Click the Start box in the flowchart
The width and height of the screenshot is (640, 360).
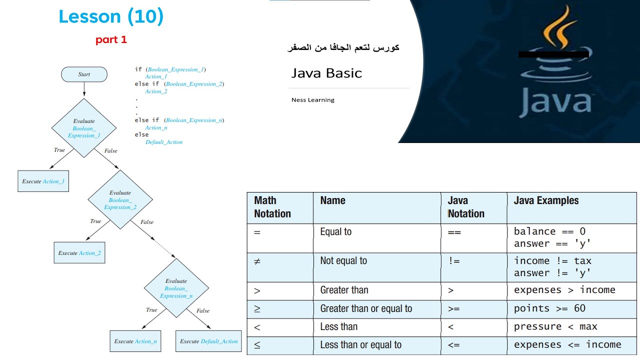tap(84, 74)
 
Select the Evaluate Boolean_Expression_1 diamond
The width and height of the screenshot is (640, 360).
tap(84, 128)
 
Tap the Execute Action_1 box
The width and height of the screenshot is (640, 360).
tap(43, 181)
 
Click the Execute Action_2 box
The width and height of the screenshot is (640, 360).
tap(79, 253)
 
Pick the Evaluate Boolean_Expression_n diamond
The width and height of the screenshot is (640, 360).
tap(176, 288)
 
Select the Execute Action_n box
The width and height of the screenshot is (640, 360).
tap(135, 341)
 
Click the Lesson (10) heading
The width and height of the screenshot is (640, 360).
tap(111, 17)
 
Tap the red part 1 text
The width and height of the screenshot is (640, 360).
tap(111, 40)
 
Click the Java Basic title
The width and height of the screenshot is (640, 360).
tap(326, 73)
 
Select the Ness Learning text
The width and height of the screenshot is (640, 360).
tap(313, 100)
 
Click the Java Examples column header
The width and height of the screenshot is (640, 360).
tap(546, 200)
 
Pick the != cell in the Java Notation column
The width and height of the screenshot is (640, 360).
tap(454, 261)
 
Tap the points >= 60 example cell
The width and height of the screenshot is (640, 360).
tap(549, 308)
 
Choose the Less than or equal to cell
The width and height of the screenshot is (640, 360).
tap(360, 345)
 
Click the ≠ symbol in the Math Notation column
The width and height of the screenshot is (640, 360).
tap(257, 261)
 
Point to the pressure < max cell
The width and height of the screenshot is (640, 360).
tap(555, 326)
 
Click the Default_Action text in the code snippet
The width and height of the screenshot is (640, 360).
tap(163, 142)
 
